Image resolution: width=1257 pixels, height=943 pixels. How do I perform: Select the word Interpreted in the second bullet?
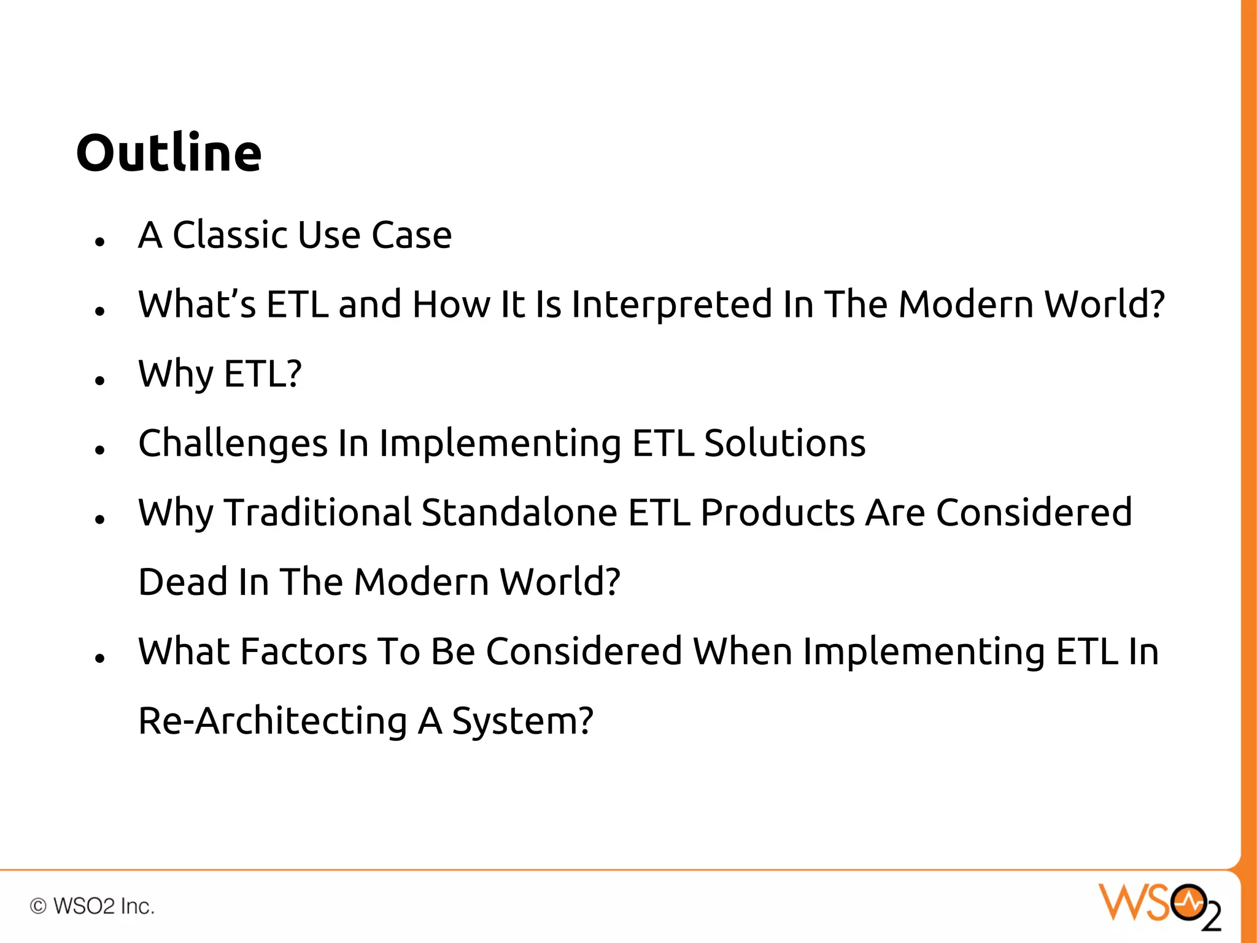pos(671,305)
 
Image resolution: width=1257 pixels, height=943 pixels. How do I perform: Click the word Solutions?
pos(784,443)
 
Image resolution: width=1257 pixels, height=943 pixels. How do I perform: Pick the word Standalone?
pos(519,513)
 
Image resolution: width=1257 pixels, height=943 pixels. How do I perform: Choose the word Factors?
pos(303,651)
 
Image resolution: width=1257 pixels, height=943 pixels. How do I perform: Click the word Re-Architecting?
pos(273,721)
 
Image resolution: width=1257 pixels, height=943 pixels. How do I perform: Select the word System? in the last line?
pos(522,721)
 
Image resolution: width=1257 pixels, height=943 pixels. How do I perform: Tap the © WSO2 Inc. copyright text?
pos(92,906)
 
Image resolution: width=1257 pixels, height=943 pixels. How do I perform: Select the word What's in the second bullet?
pos(197,305)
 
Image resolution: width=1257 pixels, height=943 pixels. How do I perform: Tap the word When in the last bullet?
pos(743,651)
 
